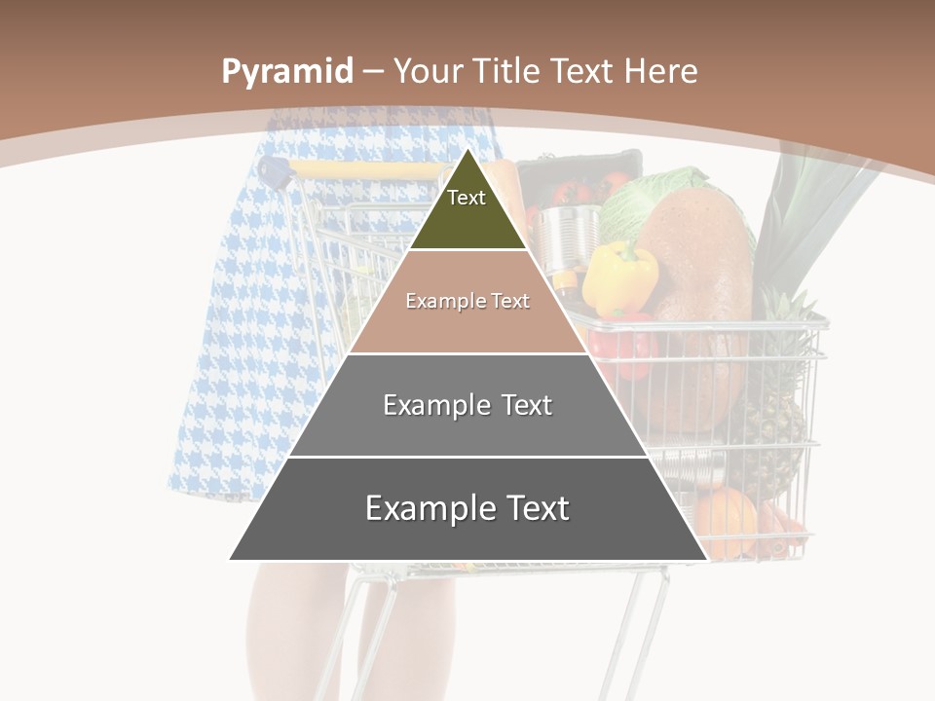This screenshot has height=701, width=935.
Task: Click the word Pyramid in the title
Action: [x=287, y=72]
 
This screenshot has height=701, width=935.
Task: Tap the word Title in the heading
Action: [x=507, y=72]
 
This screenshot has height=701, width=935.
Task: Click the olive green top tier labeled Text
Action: [x=467, y=209]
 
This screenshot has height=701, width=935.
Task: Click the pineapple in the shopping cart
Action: [x=780, y=409]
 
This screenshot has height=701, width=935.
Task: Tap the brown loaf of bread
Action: [x=696, y=292]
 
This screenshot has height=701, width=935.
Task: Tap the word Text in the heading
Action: [x=583, y=72]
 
